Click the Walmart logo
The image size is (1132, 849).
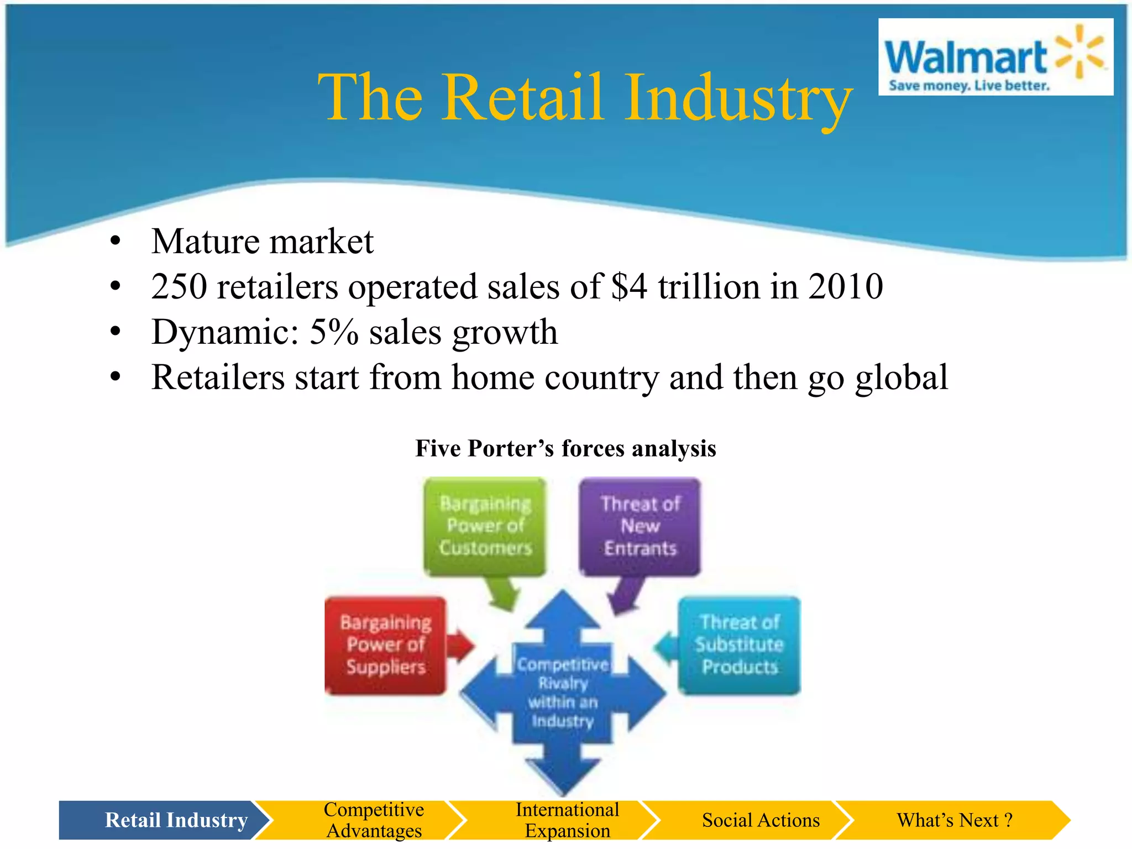[x=995, y=57]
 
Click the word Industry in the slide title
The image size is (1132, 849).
[x=738, y=98]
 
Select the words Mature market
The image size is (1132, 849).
[x=262, y=242]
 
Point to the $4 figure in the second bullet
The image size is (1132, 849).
[x=629, y=287]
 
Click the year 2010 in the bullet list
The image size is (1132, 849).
[x=845, y=287]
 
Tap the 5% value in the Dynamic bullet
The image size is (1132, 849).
[x=334, y=332]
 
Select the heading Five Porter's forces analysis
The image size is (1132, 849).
[x=565, y=448]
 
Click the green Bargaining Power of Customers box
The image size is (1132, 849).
[x=485, y=526]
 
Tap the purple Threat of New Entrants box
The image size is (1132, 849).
[x=640, y=526]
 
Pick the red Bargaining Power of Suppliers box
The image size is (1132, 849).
[x=385, y=645]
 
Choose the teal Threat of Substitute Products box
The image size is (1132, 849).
[x=739, y=645]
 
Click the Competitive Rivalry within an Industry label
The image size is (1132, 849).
[x=563, y=693]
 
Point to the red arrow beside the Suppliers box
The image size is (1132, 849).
[x=460, y=645]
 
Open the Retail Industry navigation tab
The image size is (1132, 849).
[x=166, y=820]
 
